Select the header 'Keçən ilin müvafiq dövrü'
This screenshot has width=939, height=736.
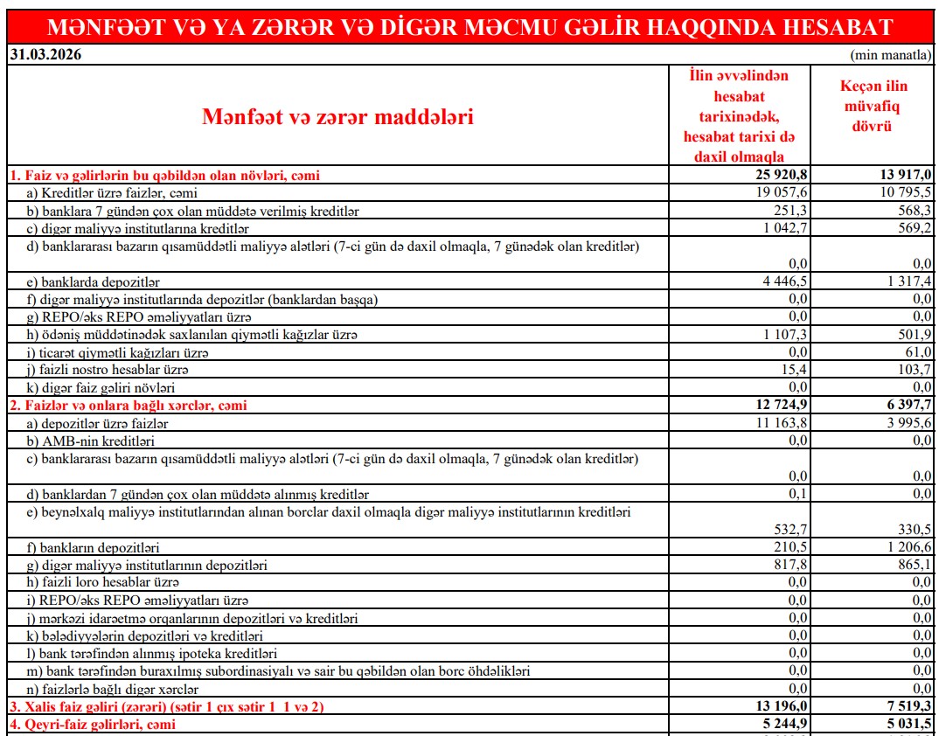click(873, 106)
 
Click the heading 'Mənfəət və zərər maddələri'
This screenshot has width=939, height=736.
click(337, 115)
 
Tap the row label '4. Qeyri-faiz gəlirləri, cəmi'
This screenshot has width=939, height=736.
click(93, 724)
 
